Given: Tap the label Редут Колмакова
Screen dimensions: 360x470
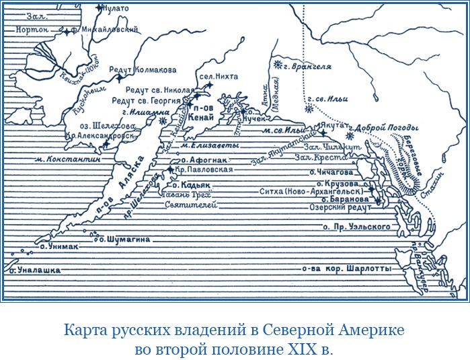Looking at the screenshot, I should click(x=147, y=69).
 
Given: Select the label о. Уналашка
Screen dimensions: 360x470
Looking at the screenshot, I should click(x=35, y=270).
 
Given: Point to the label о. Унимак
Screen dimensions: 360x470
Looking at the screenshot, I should click(x=59, y=247).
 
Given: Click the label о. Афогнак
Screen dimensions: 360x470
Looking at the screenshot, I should click(x=204, y=160).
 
